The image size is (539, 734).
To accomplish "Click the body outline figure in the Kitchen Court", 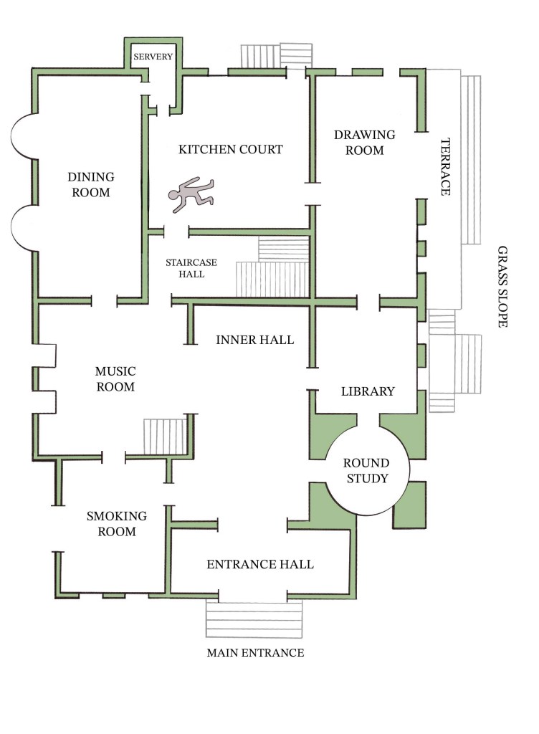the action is click(191, 195).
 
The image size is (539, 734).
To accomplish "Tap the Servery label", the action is click(153, 57).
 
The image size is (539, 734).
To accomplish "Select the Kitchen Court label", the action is click(231, 149).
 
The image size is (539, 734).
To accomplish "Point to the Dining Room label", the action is click(91, 184).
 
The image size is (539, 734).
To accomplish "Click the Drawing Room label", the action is click(365, 143).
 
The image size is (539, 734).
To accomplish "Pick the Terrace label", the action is click(445, 166).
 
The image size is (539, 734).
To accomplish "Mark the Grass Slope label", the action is click(502, 287).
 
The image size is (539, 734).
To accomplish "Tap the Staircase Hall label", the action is click(191, 268).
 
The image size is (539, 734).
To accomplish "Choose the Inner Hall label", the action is click(254, 340).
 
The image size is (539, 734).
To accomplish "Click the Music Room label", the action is click(115, 378).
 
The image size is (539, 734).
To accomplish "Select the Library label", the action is click(368, 391).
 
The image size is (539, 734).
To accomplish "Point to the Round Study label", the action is click(366, 470).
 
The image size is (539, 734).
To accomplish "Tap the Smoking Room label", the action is click(117, 523).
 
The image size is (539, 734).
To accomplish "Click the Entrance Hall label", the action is click(260, 564).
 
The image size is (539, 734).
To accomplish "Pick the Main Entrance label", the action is click(255, 652).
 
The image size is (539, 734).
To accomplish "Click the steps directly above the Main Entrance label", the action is click(254, 619).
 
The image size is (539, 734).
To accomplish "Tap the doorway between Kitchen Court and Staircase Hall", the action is click(176, 231).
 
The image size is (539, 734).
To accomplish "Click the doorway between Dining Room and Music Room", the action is click(105, 300).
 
